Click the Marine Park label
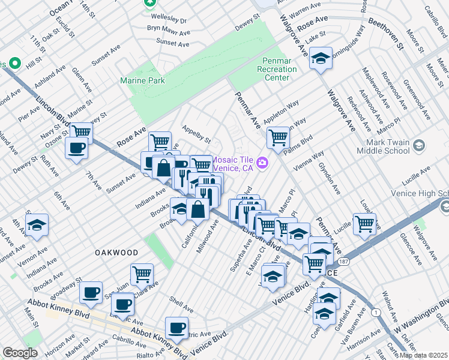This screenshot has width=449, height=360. tap(142, 80)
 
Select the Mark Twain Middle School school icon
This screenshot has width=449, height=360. tap(419, 146)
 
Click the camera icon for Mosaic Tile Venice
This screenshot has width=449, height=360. tap(262, 163)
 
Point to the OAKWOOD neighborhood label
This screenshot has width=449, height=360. tap(116, 253)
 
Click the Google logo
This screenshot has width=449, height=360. tap(20, 353)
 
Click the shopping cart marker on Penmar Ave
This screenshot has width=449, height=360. tap(278, 137)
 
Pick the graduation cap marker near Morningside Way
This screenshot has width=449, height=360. tap(321, 58)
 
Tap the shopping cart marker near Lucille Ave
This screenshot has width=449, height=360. tap(364, 224)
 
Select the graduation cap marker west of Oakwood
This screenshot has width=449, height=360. tap(37, 225)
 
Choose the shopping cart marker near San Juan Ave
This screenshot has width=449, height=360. tap(142, 274)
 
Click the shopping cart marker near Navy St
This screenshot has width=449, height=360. tap(80, 131)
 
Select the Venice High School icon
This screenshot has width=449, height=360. tap(445, 206)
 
